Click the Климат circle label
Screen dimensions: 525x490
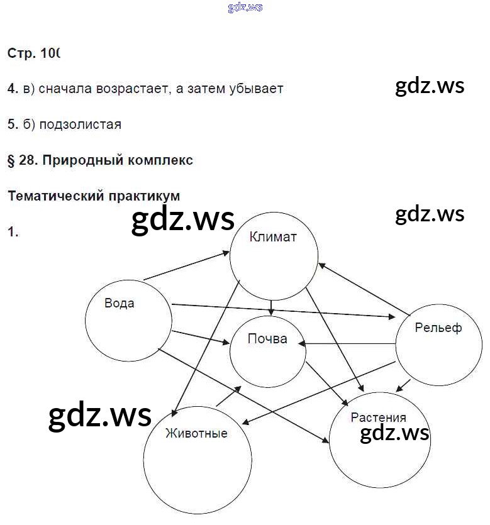(272, 237)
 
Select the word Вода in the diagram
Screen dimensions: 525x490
(119, 303)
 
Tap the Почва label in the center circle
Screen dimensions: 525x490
(267, 339)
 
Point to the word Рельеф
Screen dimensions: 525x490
(438, 328)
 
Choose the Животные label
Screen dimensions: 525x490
(196, 433)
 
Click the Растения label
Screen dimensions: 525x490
(378, 417)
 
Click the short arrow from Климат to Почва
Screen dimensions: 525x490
(271, 307)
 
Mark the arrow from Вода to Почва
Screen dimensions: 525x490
(200, 336)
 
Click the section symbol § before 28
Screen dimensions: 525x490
(11, 160)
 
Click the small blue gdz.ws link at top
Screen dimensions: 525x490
(245, 7)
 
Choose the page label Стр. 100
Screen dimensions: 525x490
(33, 53)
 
